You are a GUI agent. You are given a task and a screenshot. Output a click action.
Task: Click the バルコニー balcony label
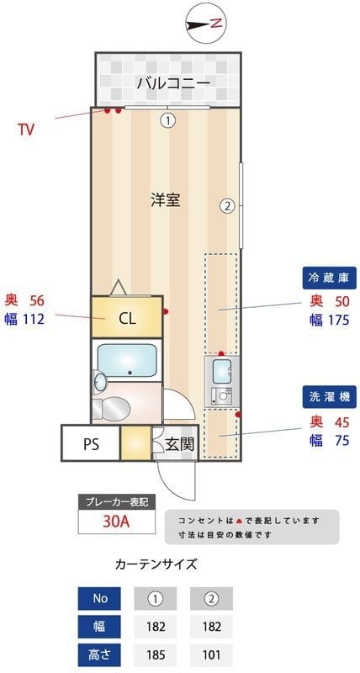[x=173, y=84]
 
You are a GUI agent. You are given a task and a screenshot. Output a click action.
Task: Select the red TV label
[x=26, y=130]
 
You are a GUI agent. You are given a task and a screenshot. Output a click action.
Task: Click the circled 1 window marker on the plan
[x=168, y=120]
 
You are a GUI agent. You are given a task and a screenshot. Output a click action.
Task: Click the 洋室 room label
[x=166, y=200]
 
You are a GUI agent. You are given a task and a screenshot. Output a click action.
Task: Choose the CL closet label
[x=127, y=318]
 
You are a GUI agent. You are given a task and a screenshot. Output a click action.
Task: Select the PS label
[x=91, y=444]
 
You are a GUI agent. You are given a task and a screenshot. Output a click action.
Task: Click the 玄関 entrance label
[x=178, y=443]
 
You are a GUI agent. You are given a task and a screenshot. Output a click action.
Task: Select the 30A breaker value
[x=116, y=522]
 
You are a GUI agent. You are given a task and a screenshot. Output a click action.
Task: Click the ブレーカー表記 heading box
[x=116, y=501]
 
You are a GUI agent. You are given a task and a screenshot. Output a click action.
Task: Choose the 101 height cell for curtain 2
[x=210, y=653]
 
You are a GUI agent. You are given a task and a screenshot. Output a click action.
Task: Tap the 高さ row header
[x=101, y=653]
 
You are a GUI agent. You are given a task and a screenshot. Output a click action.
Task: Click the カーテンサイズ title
[x=156, y=564]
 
